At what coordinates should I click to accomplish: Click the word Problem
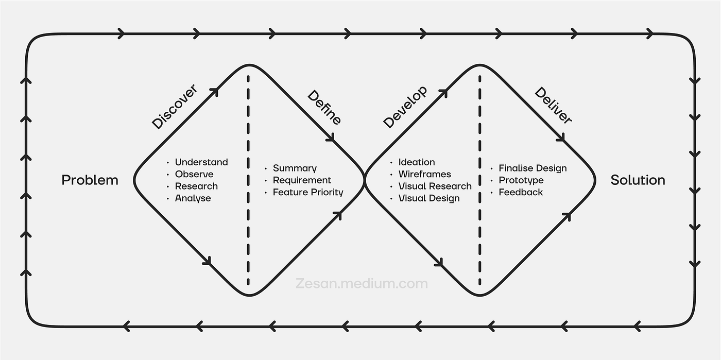[90, 180]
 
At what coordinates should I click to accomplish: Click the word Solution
[638, 180]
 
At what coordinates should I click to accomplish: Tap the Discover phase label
[175, 107]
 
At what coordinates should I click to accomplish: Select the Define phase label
[324, 107]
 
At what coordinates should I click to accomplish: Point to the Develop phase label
[405, 107]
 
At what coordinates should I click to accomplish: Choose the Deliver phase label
[553, 105]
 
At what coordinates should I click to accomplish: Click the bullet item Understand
[201, 162]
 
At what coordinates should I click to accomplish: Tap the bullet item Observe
[194, 174]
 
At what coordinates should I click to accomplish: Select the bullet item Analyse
[193, 198]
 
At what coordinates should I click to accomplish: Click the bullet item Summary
[295, 168]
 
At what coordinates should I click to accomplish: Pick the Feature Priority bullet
[308, 192]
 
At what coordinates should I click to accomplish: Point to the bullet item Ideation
[417, 162]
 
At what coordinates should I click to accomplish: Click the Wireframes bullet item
[424, 174]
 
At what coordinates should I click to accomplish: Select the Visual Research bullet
[435, 186]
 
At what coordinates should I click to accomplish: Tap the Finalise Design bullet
[533, 168]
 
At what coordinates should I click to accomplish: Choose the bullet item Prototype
[521, 180]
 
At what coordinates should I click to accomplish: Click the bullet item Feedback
[521, 192]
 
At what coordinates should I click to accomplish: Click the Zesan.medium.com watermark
[362, 284]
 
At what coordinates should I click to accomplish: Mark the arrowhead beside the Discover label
[214, 92]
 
